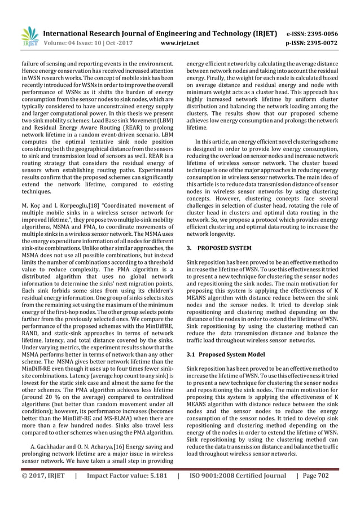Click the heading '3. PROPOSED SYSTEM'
[x=219, y=248]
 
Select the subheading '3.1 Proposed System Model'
[x=226, y=354]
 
